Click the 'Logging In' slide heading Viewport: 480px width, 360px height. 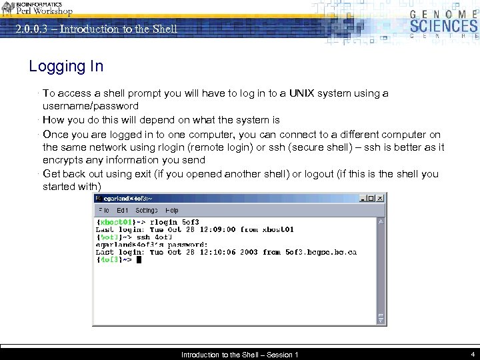pos(66,66)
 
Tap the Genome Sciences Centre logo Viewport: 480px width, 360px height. pos(443,25)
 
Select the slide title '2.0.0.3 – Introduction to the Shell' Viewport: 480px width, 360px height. pos(97,29)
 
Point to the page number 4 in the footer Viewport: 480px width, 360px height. pos(471,354)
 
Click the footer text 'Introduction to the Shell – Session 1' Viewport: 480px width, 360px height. pos(239,355)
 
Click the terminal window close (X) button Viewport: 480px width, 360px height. pos(380,198)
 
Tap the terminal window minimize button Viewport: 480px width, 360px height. pos(363,198)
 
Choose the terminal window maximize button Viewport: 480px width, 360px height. pos(371,198)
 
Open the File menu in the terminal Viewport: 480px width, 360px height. pos(104,211)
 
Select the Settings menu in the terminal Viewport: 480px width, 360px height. pos(147,211)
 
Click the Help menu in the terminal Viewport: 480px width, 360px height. pos(172,211)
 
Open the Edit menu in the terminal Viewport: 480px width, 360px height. pos(123,211)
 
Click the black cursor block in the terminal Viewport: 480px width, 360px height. pos(139,260)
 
